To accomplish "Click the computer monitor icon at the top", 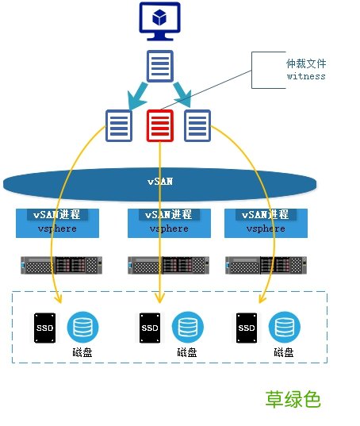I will (159, 21).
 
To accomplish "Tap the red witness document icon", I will (159, 125).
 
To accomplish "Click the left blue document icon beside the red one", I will (119, 125).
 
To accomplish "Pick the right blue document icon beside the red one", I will (197, 125).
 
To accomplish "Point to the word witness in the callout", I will (305, 76).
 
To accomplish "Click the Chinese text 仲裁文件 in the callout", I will (305, 63).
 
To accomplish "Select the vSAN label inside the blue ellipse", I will (159, 182).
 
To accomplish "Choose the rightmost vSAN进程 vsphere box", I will (266, 222).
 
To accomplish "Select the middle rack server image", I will (165, 265).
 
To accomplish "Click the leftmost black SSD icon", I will (44, 327).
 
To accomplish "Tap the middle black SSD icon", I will (148, 327).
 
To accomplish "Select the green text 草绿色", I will (293, 399).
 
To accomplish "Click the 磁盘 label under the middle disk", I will (187, 352).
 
